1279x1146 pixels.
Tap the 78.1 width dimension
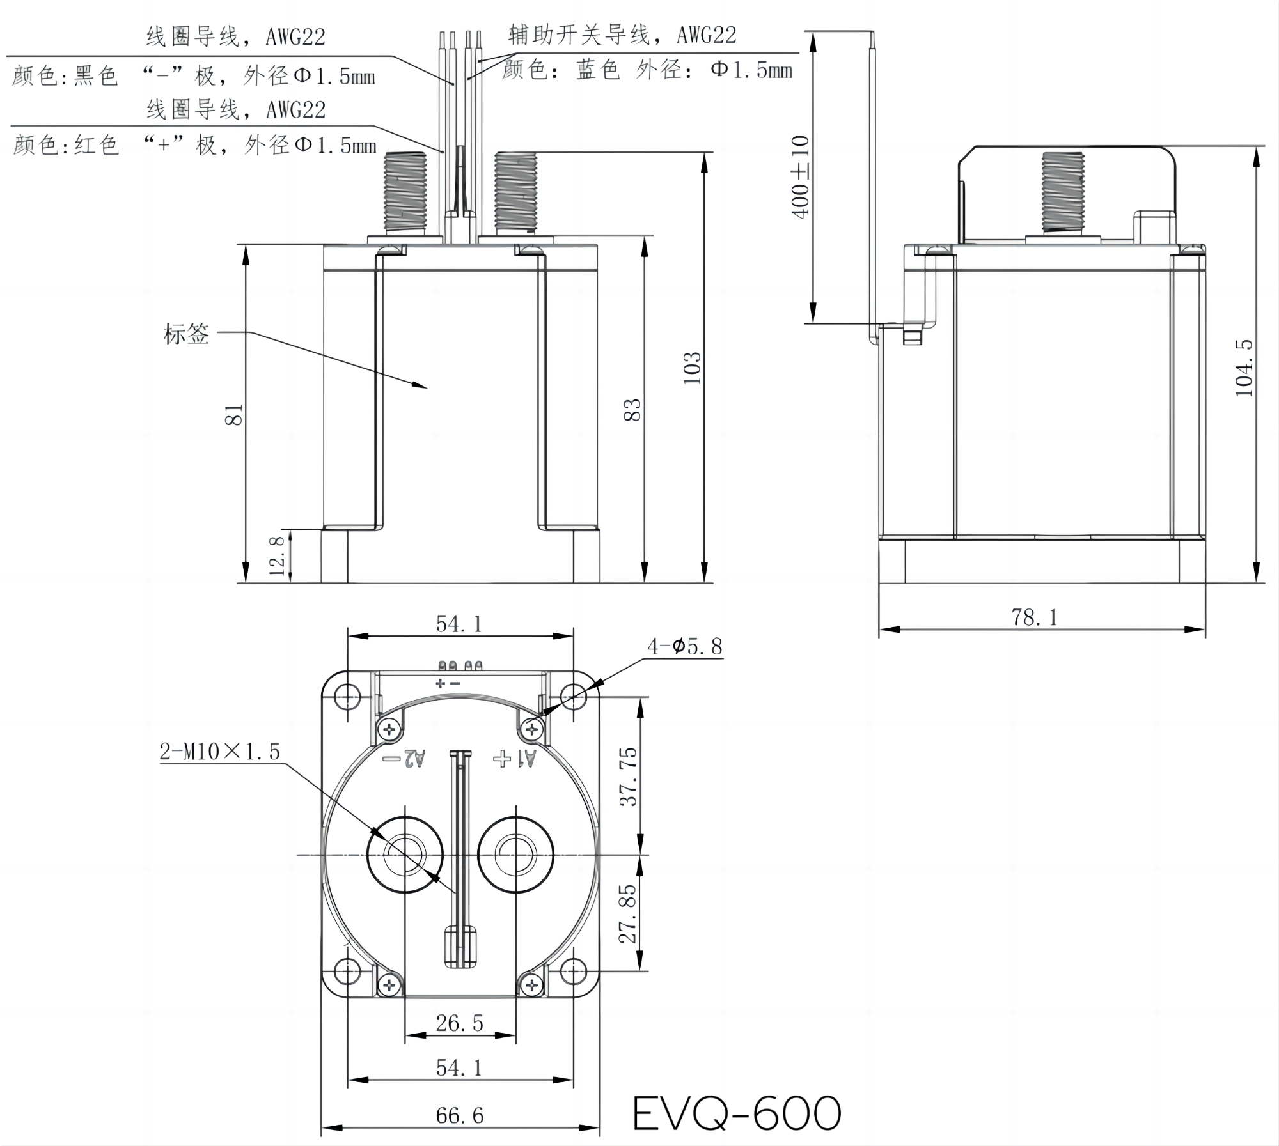(x=1034, y=617)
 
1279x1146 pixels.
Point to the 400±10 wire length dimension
(x=800, y=177)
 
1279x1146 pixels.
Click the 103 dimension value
(x=692, y=368)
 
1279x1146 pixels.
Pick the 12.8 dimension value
(x=276, y=555)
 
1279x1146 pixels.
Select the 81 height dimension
(x=234, y=414)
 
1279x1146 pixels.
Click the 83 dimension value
(x=632, y=410)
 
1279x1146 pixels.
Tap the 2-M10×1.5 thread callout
(x=220, y=752)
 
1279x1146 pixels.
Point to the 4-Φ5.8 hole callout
(x=684, y=647)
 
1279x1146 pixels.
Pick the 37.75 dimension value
(x=629, y=776)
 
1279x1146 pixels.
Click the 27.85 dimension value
(x=629, y=914)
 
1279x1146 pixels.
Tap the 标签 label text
(x=186, y=334)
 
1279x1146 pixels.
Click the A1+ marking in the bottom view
(x=515, y=759)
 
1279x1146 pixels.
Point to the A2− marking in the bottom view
(x=404, y=759)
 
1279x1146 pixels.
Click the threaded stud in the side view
(x=1062, y=192)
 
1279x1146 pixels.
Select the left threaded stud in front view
(x=405, y=192)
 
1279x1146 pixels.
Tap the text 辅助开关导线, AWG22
(x=622, y=35)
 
